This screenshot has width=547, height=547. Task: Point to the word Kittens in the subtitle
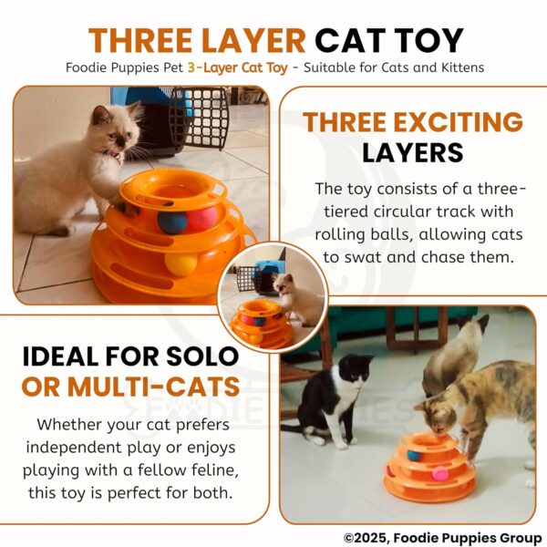point(455,68)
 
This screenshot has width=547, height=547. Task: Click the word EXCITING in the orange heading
point(459,122)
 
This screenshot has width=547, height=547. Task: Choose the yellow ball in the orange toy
point(181,264)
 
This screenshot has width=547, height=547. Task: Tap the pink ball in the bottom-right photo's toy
point(439,474)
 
